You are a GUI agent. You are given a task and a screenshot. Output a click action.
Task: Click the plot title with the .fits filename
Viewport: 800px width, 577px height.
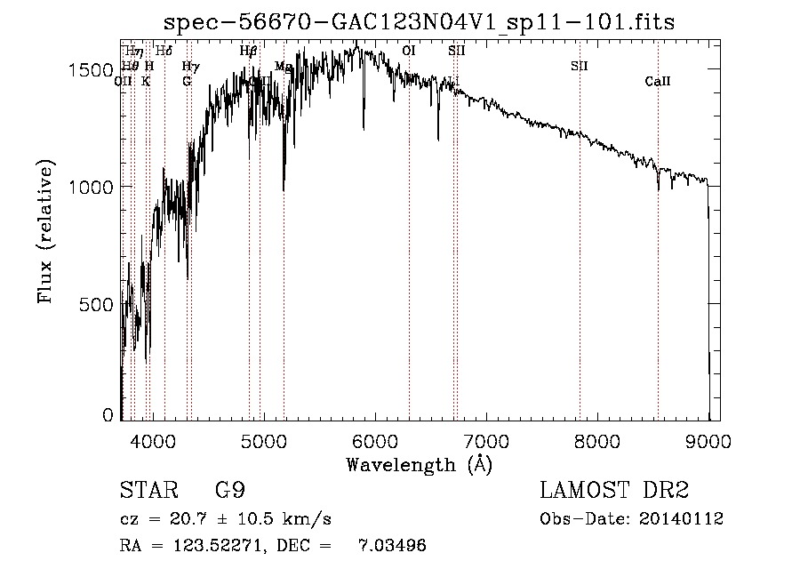(x=426, y=21)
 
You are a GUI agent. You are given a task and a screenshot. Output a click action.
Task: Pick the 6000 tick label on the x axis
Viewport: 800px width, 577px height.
(x=375, y=439)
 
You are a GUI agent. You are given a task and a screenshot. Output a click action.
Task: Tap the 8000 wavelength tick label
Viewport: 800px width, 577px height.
(x=597, y=439)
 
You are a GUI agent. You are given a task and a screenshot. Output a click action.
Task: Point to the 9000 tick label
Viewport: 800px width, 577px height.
(x=708, y=439)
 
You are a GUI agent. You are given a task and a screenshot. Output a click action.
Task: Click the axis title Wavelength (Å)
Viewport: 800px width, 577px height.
(x=419, y=463)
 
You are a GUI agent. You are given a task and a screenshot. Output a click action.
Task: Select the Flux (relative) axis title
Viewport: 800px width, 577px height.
(x=45, y=231)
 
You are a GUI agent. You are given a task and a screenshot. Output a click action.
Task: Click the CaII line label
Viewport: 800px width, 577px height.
(x=658, y=82)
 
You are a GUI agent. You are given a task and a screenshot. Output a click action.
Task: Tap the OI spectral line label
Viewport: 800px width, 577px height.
(x=409, y=52)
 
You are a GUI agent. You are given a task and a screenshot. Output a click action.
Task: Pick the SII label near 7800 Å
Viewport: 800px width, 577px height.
(x=580, y=66)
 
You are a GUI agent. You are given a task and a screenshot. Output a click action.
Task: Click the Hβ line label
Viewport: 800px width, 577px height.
(x=249, y=52)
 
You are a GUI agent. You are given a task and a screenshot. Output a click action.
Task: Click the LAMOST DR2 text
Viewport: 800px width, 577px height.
(x=614, y=490)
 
